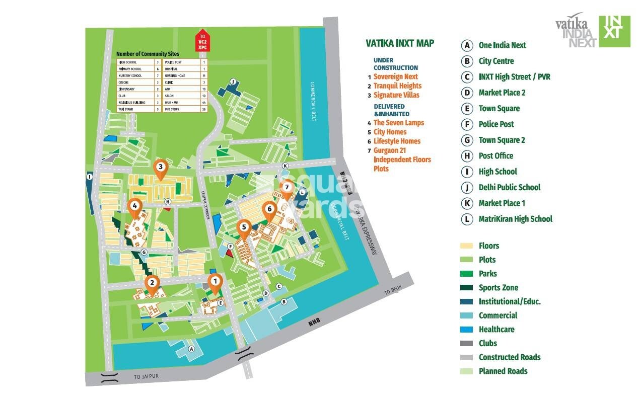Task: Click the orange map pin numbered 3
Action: tap(160, 168)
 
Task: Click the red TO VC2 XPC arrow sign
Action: tap(202, 40)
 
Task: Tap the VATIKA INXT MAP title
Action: tap(400, 43)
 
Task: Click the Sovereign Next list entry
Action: tap(395, 76)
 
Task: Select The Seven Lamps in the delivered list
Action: tap(398, 123)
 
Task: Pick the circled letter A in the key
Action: tap(467, 45)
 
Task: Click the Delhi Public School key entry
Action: tap(509, 187)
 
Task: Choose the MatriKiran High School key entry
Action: tap(515, 219)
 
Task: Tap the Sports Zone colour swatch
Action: tap(466, 288)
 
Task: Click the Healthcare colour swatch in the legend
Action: tap(466, 330)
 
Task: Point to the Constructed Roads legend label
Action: tap(509, 357)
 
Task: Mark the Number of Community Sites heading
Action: tap(148, 54)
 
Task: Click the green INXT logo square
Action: tap(614, 31)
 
